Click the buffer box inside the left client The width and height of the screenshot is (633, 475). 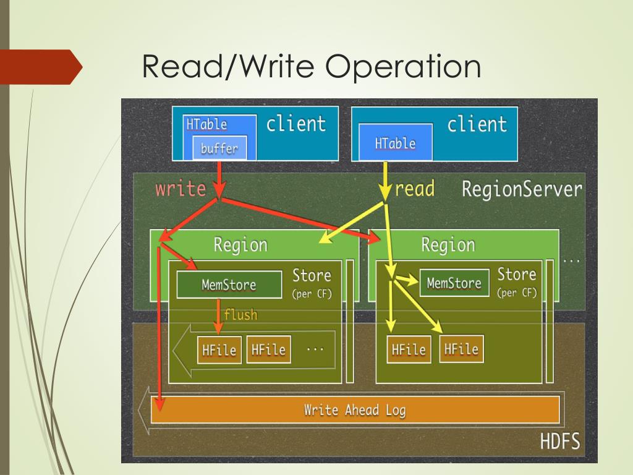(x=219, y=148)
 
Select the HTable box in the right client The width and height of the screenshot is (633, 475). (x=395, y=143)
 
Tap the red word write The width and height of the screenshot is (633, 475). (x=180, y=188)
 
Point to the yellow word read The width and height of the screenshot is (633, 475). (x=414, y=188)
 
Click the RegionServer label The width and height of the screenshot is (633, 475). (x=522, y=189)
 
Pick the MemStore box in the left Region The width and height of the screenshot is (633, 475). (x=229, y=285)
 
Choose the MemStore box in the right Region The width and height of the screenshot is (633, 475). (x=454, y=283)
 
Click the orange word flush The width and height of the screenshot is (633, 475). (x=240, y=315)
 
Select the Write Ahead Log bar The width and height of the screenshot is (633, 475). (x=355, y=410)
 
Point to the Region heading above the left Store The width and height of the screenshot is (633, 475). (x=240, y=245)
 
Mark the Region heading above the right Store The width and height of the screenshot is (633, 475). (x=448, y=245)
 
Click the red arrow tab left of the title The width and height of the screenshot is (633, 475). (x=40, y=67)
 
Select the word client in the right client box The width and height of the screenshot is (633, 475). (x=477, y=124)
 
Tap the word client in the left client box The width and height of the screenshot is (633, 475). (x=295, y=123)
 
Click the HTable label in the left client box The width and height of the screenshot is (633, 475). (x=206, y=124)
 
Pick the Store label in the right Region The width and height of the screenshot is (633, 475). (x=516, y=274)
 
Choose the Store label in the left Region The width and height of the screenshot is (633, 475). (x=312, y=275)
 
